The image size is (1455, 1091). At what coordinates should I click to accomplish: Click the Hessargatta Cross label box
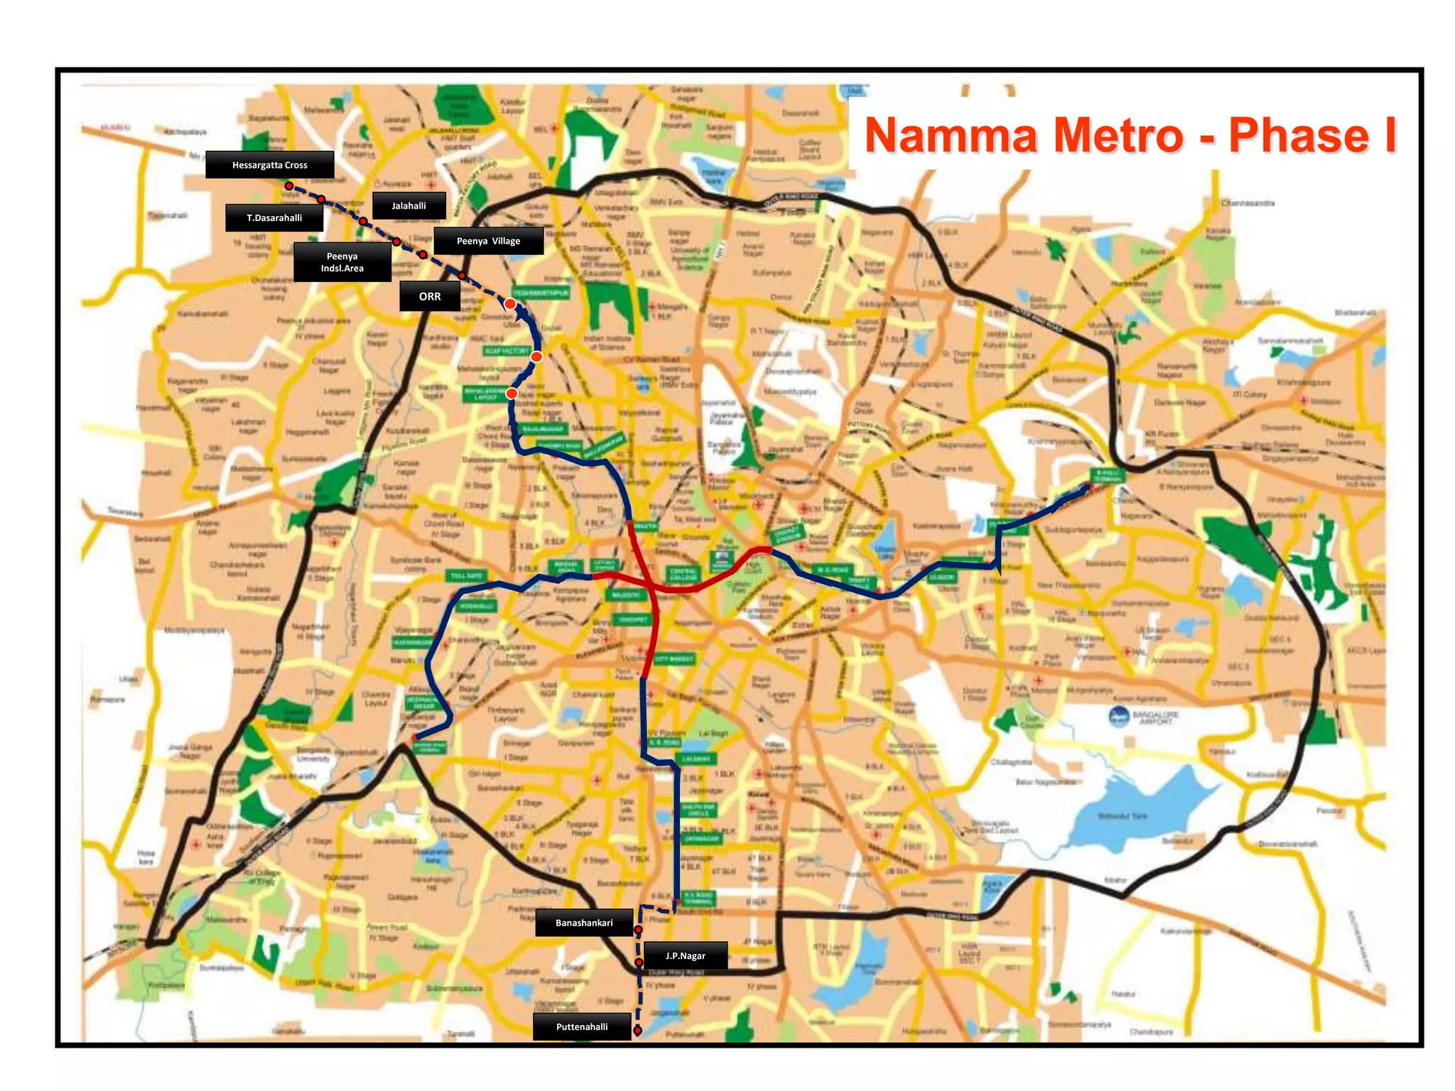(x=270, y=165)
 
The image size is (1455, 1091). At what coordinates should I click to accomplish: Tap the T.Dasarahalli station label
(x=274, y=218)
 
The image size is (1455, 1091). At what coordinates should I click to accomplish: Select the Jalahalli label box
(x=409, y=206)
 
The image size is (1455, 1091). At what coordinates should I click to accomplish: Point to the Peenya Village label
(x=488, y=241)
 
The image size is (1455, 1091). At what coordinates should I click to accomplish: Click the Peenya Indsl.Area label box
(x=342, y=262)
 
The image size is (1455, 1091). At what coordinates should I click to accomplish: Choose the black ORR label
(x=430, y=296)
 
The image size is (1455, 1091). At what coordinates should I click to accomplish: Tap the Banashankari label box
(x=584, y=923)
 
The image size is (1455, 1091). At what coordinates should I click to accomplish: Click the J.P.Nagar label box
(x=685, y=955)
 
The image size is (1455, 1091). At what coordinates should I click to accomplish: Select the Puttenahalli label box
(x=582, y=1026)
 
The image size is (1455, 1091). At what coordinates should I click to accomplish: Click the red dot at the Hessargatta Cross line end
(x=289, y=186)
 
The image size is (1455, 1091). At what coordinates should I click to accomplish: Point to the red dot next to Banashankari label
(x=638, y=929)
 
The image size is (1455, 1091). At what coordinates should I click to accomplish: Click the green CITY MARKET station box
(x=674, y=659)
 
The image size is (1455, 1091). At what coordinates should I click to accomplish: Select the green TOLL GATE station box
(x=466, y=575)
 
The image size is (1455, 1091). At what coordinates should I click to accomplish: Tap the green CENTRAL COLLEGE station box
(x=683, y=574)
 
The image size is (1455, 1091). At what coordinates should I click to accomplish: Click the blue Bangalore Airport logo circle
(x=1119, y=717)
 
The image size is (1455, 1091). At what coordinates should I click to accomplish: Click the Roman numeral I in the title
(x=1389, y=136)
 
